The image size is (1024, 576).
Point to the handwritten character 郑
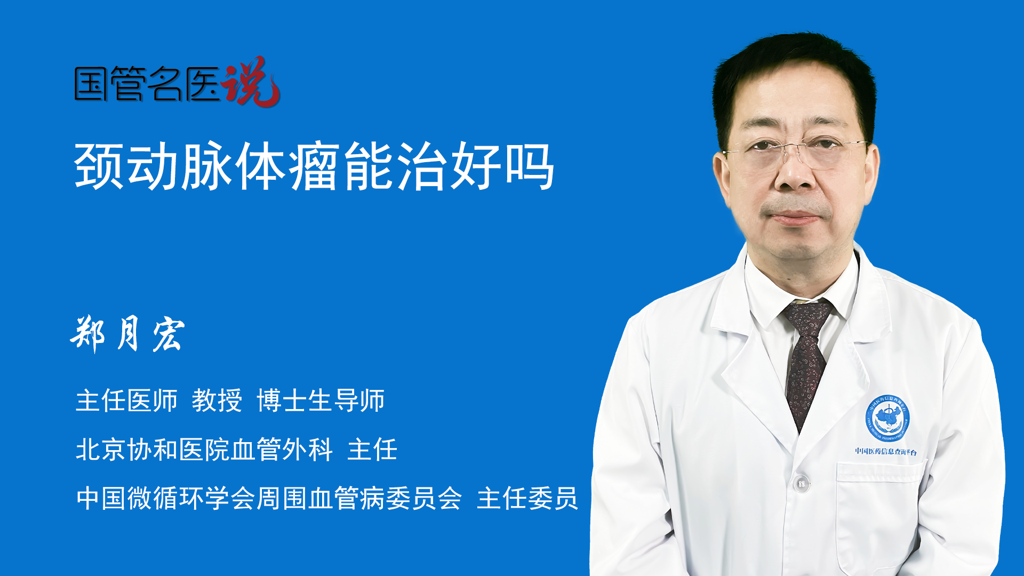pyautogui.click(x=88, y=334)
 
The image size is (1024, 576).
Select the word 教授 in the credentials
pyautogui.click(x=217, y=401)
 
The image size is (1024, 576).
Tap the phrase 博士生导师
pyautogui.click(x=321, y=401)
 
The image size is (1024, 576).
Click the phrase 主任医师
pyautogui.click(x=126, y=401)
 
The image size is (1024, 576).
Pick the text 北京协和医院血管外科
pyautogui.click(x=204, y=450)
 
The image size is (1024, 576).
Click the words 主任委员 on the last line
pyautogui.click(x=527, y=499)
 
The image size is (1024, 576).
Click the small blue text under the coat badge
pyautogui.click(x=886, y=452)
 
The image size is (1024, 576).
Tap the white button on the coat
pyautogui.click(x=801, y=483)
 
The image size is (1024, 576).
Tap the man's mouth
pyautogui.click(x=794, y=217)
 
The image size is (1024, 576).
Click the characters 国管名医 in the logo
pyautogui.click(x=147, y=84)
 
